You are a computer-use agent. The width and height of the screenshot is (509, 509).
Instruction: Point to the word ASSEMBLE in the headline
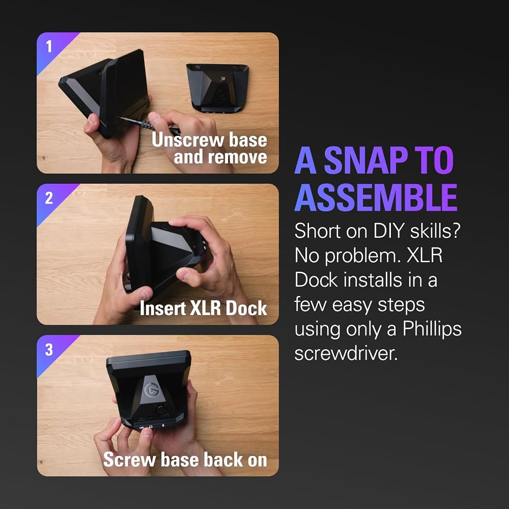click(x=376, y=197)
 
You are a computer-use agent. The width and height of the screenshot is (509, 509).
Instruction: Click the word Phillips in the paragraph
click(x=432, y=330)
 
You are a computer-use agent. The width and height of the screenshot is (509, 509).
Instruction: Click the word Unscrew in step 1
click(x=188, y=140)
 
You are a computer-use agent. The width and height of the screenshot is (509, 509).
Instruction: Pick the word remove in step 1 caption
click(x=237, y=157)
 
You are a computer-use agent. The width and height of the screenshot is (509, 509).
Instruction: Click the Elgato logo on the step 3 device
click(x=152, y=390)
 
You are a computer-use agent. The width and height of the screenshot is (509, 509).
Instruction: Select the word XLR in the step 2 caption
click(x=206, y=308)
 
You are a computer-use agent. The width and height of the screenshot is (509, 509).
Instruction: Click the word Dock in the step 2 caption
click(x=246, y=308)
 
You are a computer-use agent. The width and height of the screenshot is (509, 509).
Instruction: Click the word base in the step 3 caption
click(x=180, y=460)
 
